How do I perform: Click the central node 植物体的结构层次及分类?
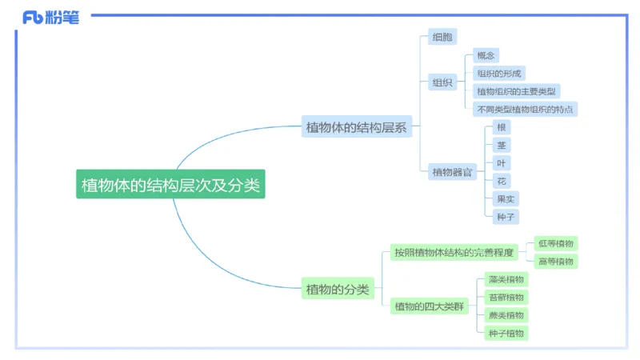coord(170,185)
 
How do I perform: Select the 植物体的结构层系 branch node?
coord(357,126)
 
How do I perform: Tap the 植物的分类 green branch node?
coord(338,289)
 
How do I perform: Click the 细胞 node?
coord(442,37)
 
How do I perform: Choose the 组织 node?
coord(442,82)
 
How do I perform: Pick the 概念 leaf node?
coord(486,56)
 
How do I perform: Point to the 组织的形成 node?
coord(498,74)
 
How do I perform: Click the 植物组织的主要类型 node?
coord(518,91)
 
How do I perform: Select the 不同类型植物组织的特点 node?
coord(525,109)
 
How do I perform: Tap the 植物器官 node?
coord(453,170)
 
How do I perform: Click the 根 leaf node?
coord(502,127)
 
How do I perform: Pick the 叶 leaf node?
coord(502,163)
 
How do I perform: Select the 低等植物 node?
coord(555,243)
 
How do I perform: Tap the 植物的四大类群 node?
coord(430,306)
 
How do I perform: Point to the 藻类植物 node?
coord(506,279)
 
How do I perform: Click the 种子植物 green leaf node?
coord(506,333)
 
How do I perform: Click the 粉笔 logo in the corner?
coord(51,17)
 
